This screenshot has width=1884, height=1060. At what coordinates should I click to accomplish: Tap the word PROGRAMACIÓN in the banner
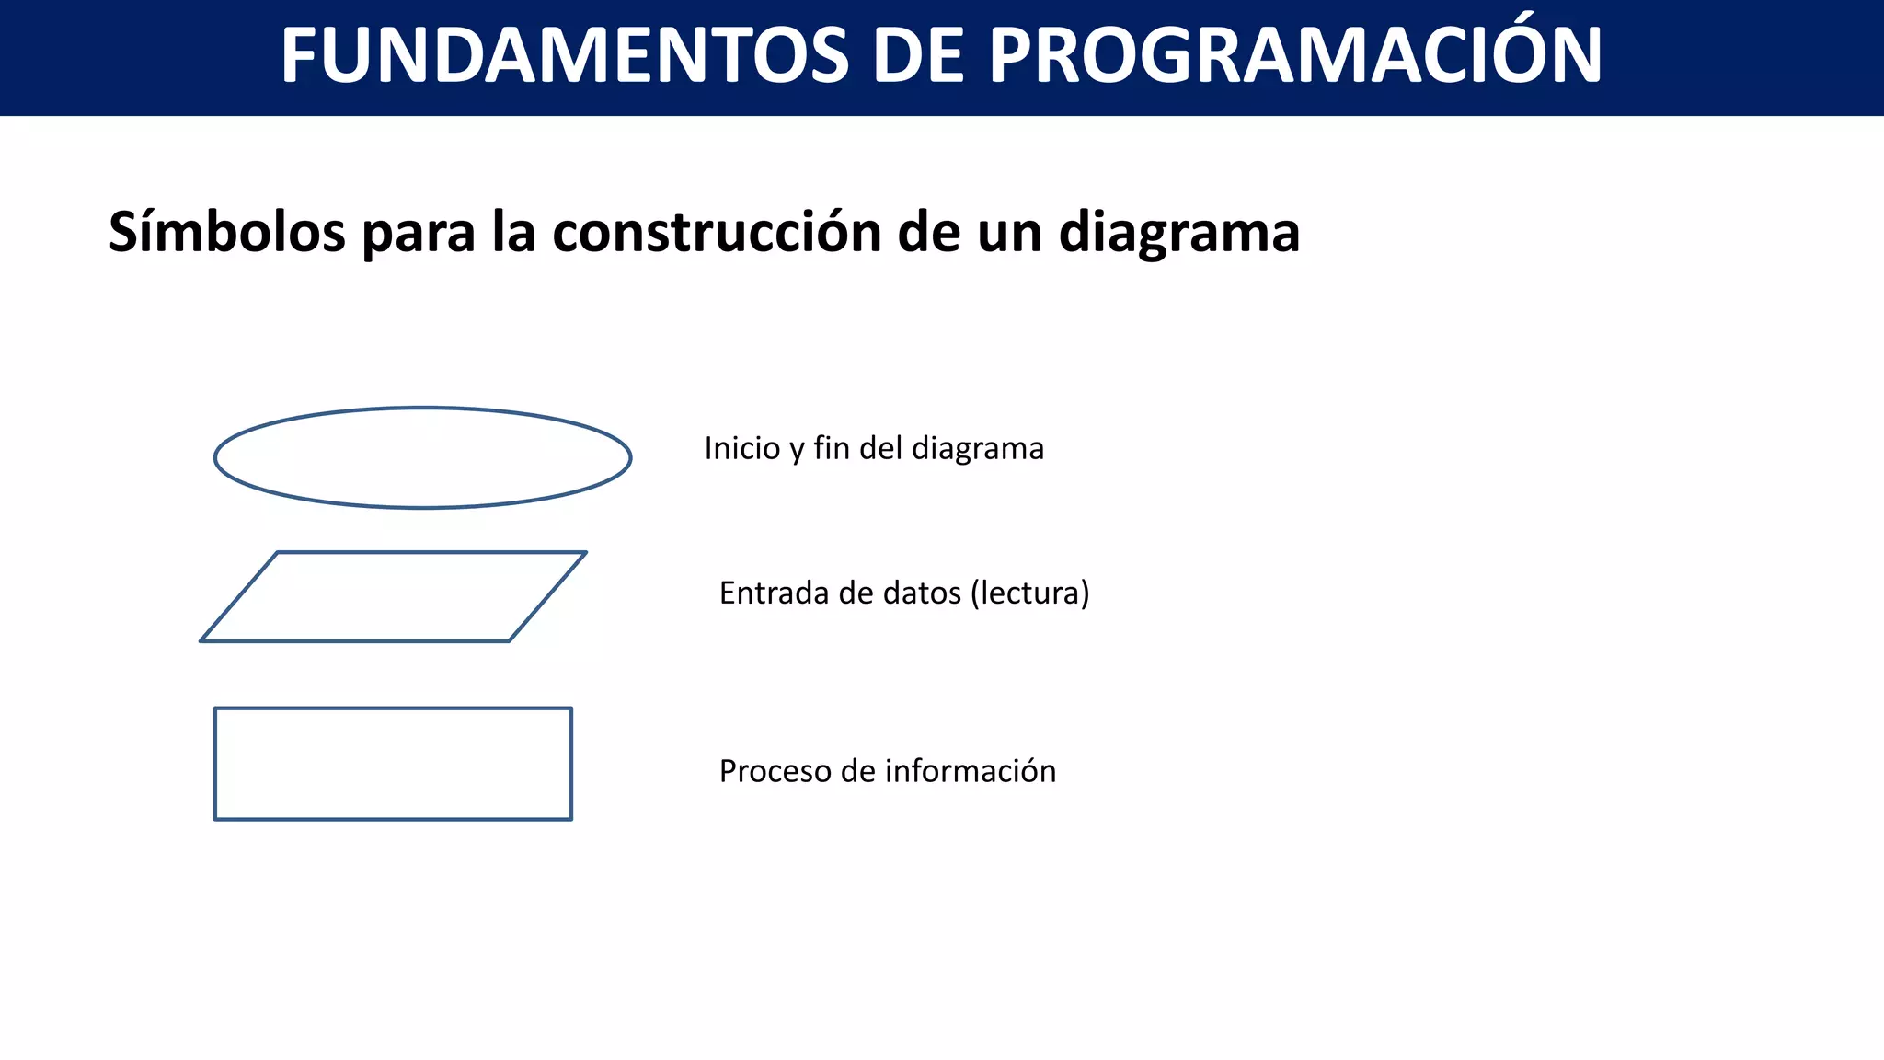(1295, 56)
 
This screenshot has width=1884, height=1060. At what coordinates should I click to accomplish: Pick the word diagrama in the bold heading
(1179, 232)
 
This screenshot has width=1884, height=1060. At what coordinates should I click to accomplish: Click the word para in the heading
(419, 234)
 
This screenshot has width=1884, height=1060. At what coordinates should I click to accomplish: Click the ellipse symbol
(422, 457)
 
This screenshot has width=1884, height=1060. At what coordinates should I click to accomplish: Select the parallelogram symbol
(393, 597)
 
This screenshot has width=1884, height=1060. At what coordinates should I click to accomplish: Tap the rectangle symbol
(393, 764)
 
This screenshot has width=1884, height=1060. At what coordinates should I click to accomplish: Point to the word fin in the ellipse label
(831, 448)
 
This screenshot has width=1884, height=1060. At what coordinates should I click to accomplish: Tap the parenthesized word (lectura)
(1029, 593)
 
